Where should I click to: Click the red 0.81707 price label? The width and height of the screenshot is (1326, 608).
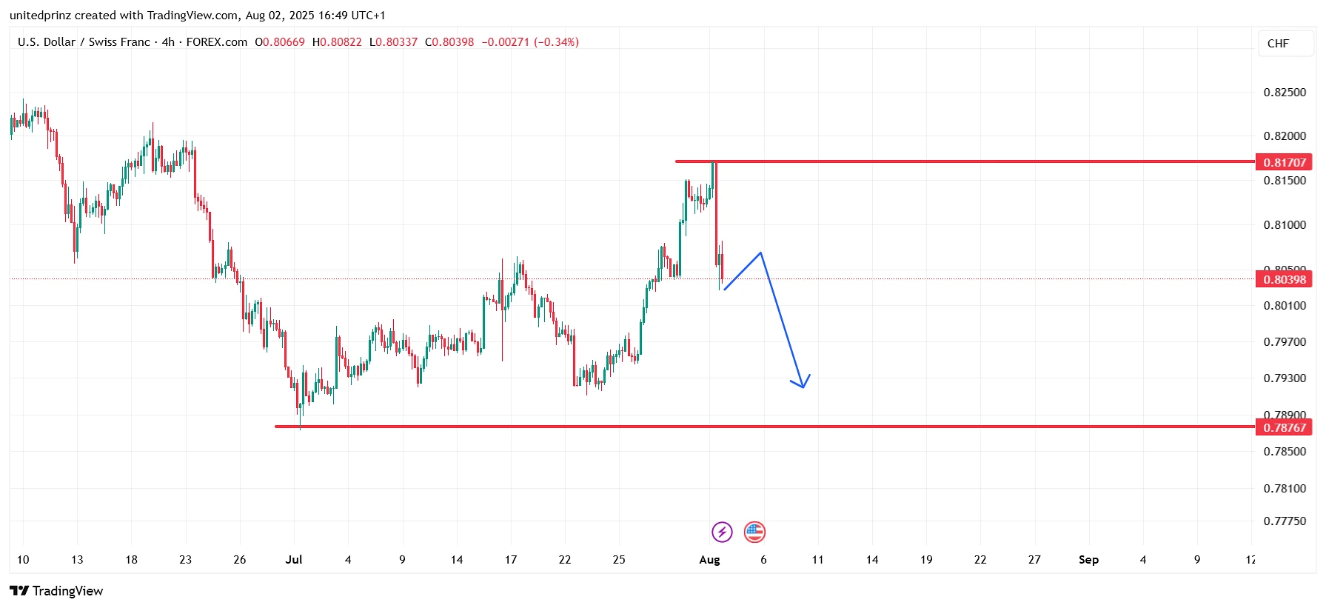(x=1285, y=162)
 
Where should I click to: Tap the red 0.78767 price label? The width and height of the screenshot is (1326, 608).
(x=1285, y=427)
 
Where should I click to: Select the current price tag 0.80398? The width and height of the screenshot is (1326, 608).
(x=1285, y=279)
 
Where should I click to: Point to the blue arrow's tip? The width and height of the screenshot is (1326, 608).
(x=803, y=387)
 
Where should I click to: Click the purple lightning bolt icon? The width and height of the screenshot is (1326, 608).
(x=722, y=532)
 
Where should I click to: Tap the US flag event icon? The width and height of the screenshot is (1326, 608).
(x=754, y=532)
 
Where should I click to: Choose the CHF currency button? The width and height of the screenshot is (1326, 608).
(x=1278, y=44)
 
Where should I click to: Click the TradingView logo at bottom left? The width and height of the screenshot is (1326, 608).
(x=56, y=591)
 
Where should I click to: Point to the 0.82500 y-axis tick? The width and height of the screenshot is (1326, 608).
(x=1285, y=93)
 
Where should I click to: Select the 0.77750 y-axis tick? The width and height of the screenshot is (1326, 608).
(x=1285, y=521)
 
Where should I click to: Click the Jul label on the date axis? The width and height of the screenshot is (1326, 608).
(x=294, y=560)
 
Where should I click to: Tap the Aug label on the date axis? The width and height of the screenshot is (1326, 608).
(x=709, y=560)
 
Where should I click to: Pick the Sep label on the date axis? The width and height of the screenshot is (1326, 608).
(x=1088, y=560)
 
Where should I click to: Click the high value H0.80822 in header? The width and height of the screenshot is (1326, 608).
(x=337, y=42)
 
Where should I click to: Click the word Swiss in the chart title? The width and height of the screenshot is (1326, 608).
(x=104, y=42)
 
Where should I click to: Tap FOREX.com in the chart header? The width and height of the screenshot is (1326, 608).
(x=217, y=42)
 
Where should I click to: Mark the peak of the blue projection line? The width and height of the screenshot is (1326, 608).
(x=760, y=253)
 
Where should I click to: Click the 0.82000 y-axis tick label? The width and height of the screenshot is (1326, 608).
(x=1285, y=136)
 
